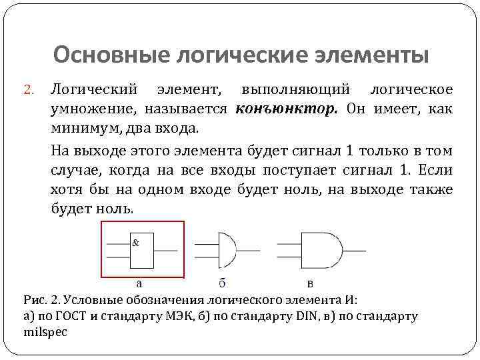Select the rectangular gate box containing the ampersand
point(141,250)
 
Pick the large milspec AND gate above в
point(322,250)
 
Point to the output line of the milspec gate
point(354,250)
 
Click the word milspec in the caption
point(45,331)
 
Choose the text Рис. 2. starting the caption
point(37,300)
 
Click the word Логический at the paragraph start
point(94,89)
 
